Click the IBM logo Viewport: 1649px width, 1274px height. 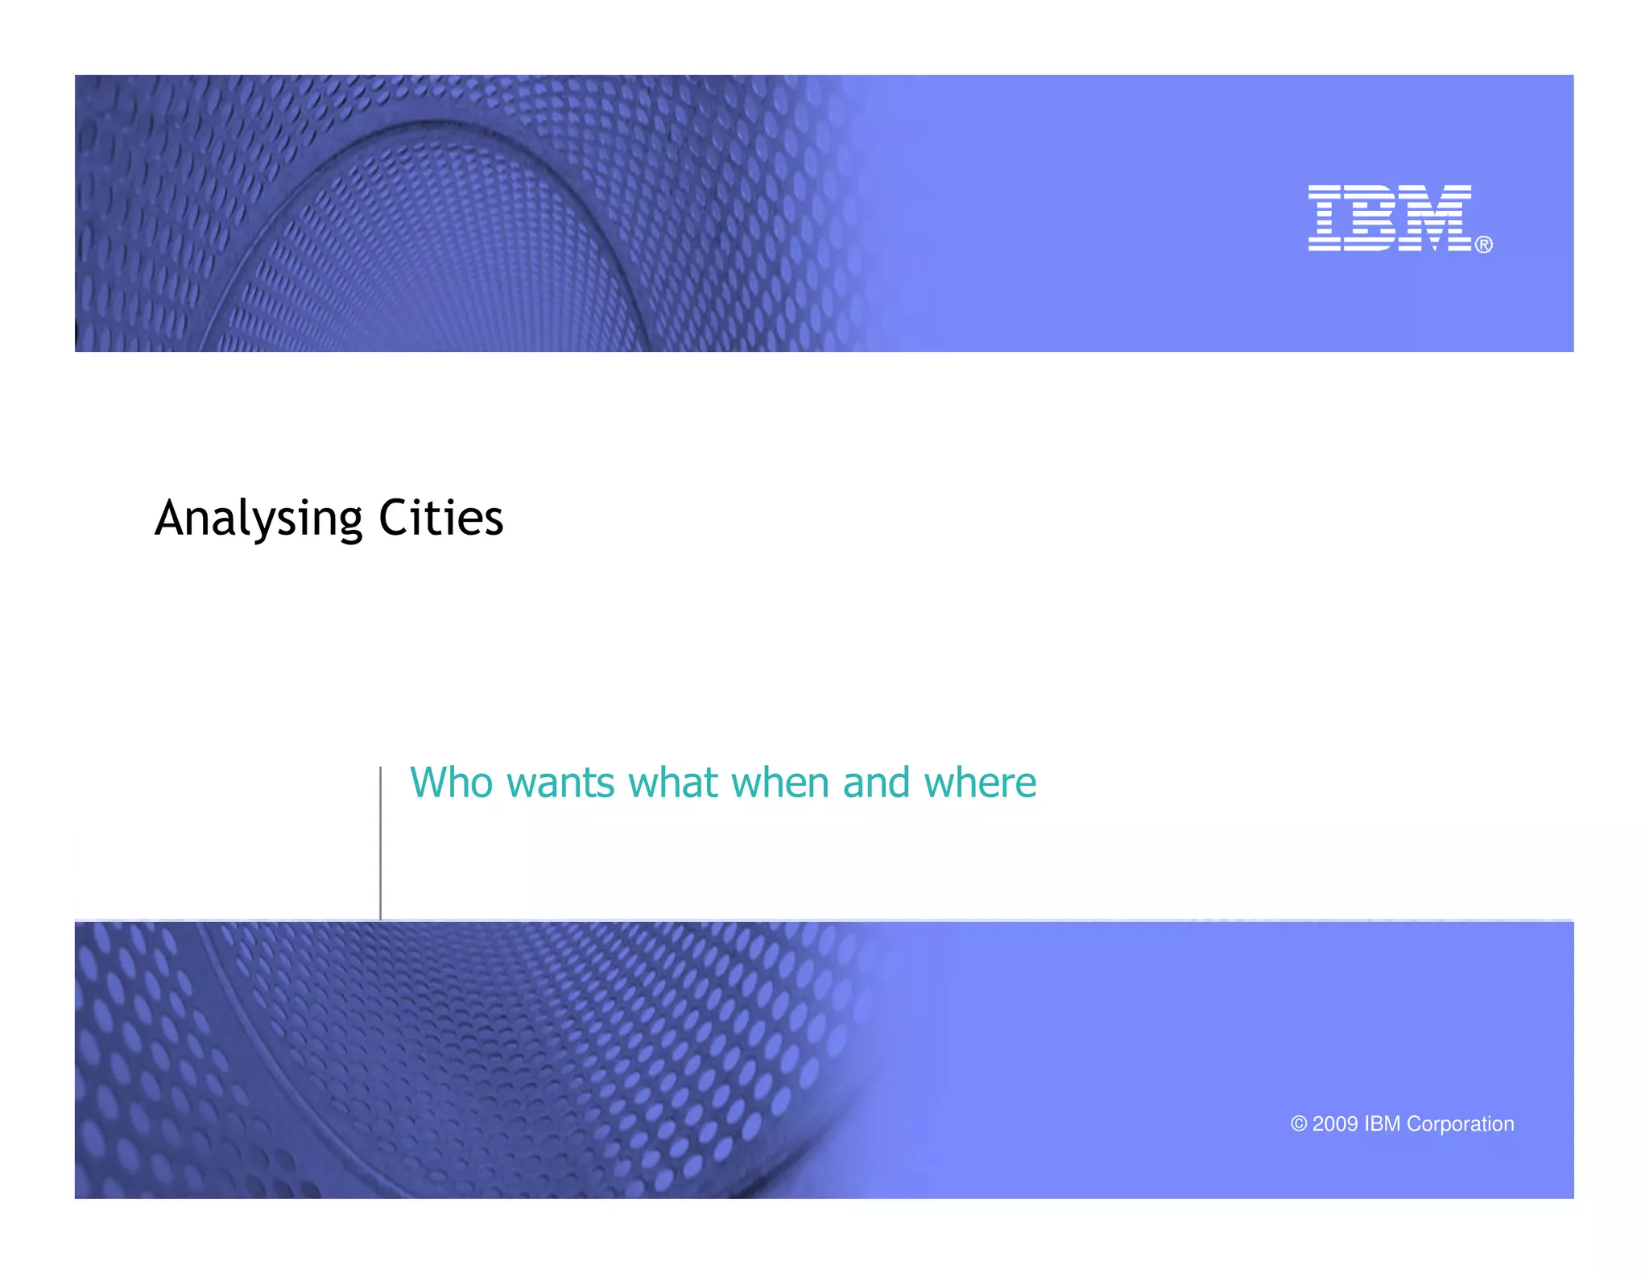coord(1390,217)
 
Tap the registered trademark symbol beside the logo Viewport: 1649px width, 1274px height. coord(1483,244)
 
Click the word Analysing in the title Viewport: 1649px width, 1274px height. coord(258,518)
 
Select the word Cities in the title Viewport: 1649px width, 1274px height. coord(440,518)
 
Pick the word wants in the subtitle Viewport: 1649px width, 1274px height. coord(560,784)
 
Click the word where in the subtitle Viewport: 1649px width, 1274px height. coord(980,784)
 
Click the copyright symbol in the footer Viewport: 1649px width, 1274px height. coord(1298,1124)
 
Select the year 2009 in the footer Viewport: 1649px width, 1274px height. coord(1335,1124)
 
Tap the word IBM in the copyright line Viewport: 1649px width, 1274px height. coord(1382,1124)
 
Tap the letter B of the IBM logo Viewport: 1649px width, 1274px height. coord(1369,217)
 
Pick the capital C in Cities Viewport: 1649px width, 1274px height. coord(394,518)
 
